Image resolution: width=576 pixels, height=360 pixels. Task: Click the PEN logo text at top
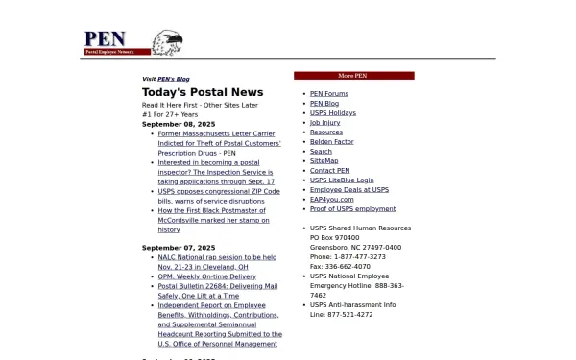point(105,38)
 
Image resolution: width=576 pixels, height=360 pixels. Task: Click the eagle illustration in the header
point(168,42)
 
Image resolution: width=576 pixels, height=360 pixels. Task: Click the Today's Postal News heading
point(203,92)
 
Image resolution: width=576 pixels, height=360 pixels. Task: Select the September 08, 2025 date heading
point(179,124)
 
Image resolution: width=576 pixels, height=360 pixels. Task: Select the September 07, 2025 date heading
point(179,248)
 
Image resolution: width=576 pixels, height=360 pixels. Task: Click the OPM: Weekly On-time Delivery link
point(206,276)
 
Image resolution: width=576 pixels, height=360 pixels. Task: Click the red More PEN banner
point(353,75)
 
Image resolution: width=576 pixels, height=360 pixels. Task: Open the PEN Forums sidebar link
point(329,94)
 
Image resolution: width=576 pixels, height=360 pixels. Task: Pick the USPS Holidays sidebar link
point(332,113)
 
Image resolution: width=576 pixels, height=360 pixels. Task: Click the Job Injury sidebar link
point(324,123)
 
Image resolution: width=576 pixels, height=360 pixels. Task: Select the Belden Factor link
point(331,142)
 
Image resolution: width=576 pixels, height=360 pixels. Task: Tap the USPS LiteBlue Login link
point(342,180)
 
